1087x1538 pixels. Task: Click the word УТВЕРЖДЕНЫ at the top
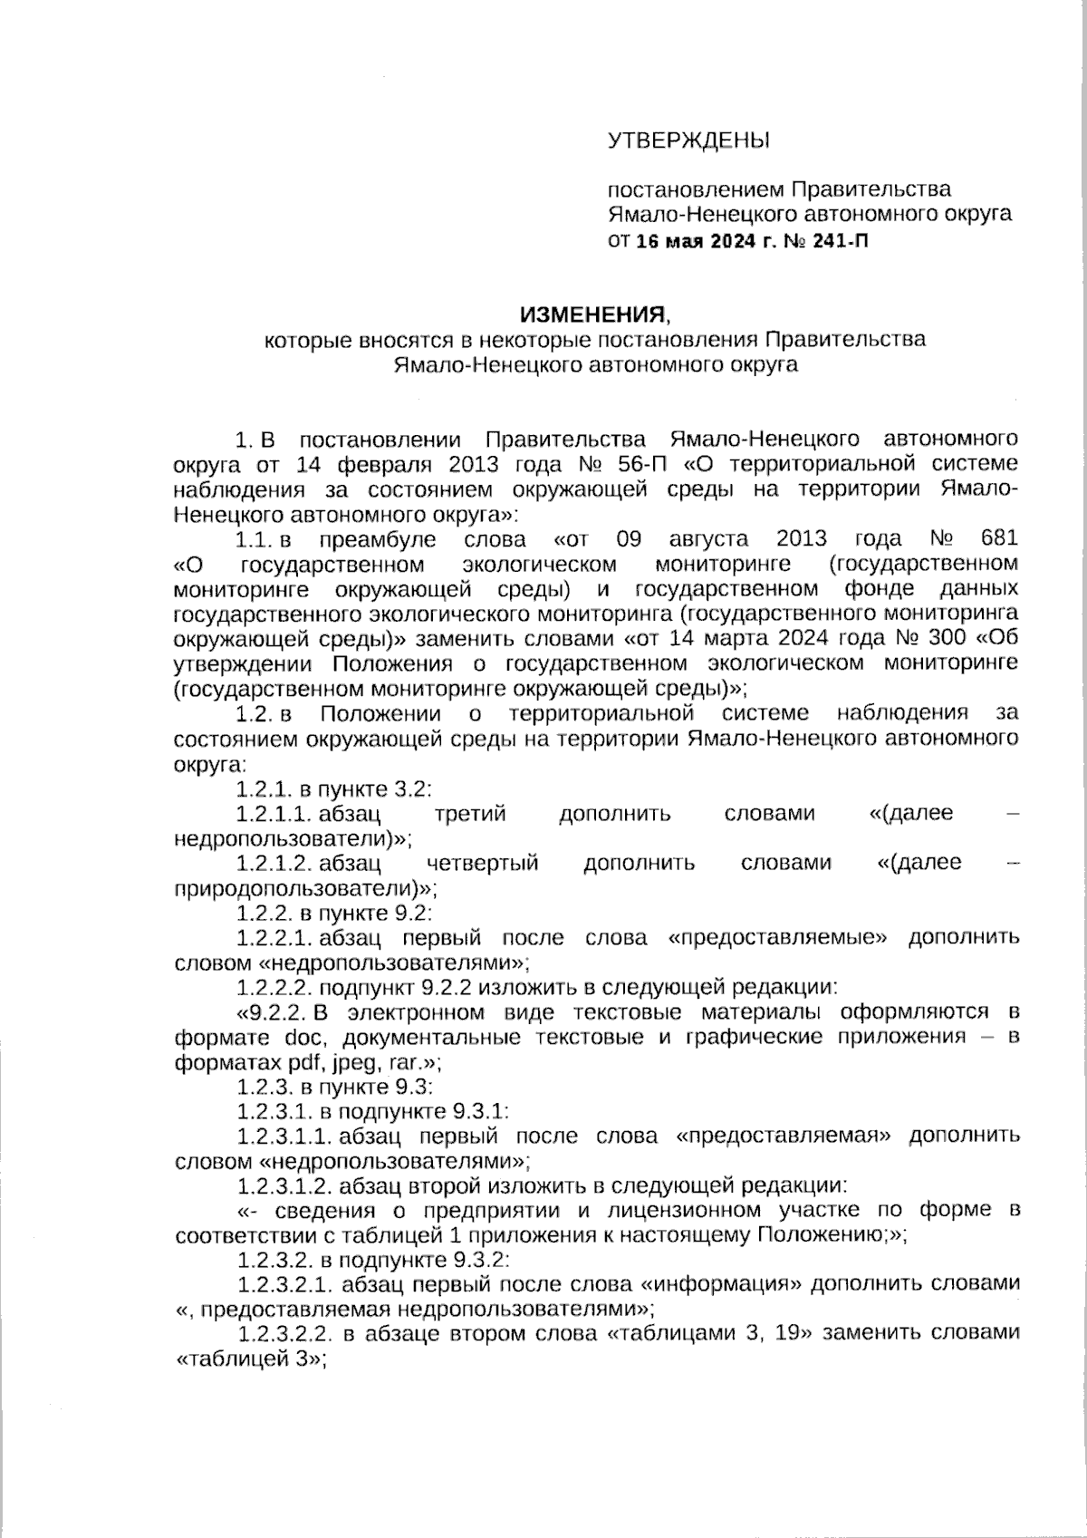pos(687,140)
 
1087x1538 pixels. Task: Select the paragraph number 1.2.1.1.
pos(275,813)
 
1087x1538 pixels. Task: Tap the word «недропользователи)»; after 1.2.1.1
pos(293,837)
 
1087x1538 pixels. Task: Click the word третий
pos(469,813)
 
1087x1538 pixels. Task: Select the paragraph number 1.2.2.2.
pos(275,986)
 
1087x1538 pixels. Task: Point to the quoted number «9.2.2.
pos(273,1011)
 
